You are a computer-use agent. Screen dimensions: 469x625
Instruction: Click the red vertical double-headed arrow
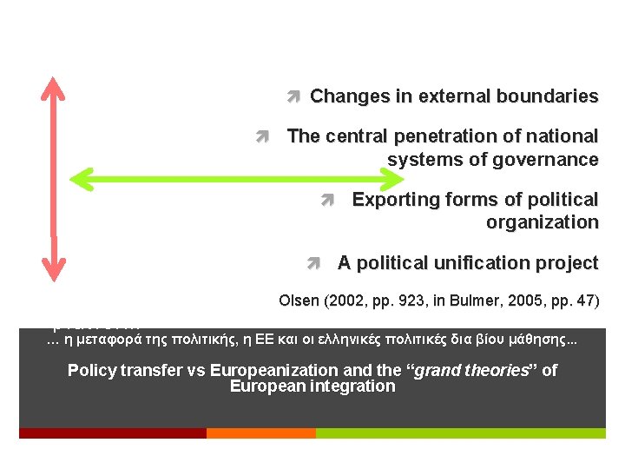point(54,179)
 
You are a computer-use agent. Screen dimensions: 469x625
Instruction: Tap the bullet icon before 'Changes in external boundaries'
point(293,96)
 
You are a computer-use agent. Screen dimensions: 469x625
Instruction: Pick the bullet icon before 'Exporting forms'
point(326,200)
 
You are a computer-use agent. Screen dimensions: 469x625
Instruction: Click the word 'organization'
point(542,222)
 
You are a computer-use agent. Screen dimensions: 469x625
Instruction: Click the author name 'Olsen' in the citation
point(298,301)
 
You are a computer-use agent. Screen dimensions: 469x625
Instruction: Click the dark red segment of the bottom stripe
point(113,433)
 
